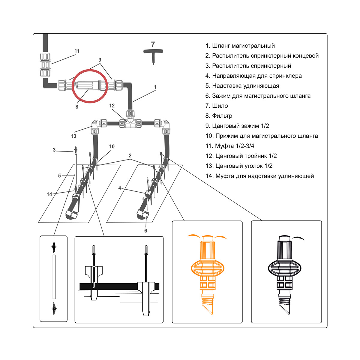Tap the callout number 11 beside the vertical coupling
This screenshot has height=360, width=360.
tap(77, 51)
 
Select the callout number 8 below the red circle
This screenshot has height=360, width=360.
tap(77, 107)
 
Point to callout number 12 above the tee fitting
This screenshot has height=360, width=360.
tap(112, 106)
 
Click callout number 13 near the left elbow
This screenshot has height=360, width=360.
tap(73, 136)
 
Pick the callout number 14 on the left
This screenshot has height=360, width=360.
tap(49, 194)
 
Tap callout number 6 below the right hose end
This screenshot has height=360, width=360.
tap(146, 231)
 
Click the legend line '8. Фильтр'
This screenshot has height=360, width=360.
tap(219, 116)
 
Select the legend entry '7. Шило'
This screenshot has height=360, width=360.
tap(217, 106)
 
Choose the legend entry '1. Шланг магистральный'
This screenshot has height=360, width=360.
tap(240, 46)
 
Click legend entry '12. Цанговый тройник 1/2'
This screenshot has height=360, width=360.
tap(241, 156)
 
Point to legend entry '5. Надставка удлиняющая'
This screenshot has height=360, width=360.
tap(242, 86)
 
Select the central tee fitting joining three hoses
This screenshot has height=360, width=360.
tap(130, 120)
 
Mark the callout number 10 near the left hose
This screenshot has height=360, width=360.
tap(112, 146)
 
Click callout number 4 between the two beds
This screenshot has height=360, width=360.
tap(120, 188)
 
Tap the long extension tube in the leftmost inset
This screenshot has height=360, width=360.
tap(54, 277)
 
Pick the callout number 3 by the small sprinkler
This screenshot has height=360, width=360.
tap(54, 150)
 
